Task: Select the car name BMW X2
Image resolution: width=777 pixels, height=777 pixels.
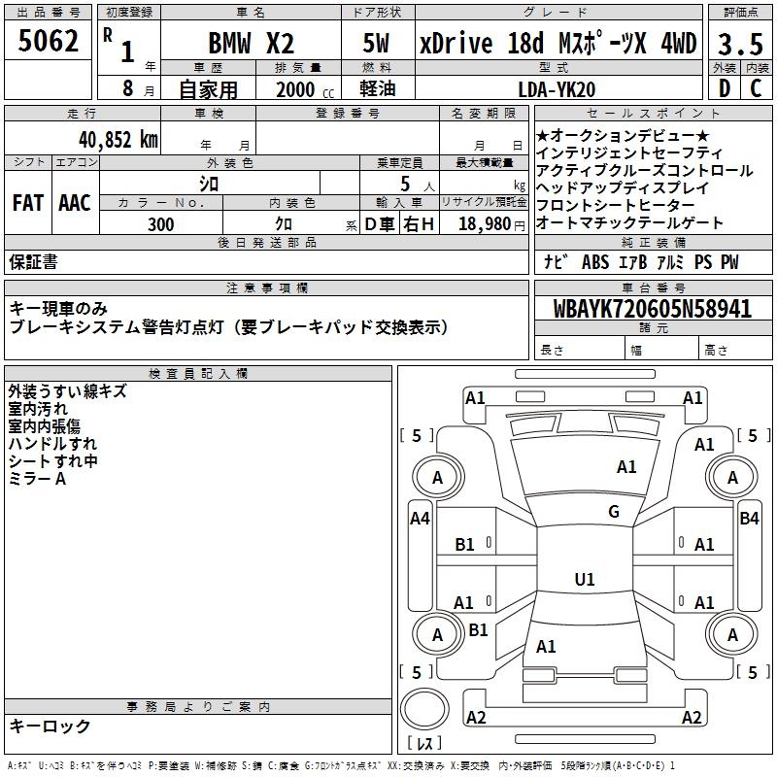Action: [252, 44]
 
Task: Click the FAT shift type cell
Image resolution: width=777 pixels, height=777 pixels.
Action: [28, 203]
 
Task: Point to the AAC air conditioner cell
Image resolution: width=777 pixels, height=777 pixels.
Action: [75, 203]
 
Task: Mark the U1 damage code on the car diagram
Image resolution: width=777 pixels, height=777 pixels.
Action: [585, 580]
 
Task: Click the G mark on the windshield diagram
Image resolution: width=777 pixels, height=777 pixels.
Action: [613, 512]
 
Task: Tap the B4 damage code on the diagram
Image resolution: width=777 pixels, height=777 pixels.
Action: [749, 519]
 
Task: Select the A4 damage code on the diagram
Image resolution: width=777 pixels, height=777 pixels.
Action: [420, 519]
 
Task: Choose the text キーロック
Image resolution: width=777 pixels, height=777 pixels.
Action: [50, 726]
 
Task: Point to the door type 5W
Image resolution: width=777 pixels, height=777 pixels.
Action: [376, 44]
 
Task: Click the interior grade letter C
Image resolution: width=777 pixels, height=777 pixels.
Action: [756, 88]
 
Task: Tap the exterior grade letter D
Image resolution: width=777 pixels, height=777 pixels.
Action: [724, 88]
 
